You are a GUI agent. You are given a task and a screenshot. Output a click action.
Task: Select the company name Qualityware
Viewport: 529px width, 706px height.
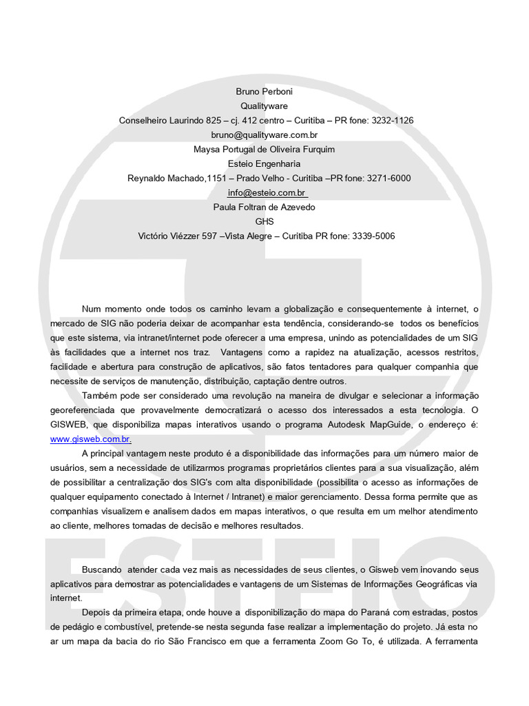[264, 105]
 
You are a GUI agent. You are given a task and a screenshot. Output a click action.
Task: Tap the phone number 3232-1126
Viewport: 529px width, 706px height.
[392, 120]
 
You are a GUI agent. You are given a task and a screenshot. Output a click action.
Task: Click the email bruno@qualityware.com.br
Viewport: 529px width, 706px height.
[264, 134]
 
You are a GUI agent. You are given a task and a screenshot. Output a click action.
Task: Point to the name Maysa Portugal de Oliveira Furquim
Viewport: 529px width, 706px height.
[264, 149]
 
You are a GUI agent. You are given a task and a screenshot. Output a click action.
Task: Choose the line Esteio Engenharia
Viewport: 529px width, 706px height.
[264, 163]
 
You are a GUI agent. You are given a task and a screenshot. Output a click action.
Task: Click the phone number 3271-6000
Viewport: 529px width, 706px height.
[389, 178]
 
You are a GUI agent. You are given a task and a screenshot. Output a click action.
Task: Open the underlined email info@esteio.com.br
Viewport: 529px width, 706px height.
[266, 192]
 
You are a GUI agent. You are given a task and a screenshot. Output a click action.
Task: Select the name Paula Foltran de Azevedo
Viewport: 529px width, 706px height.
[264, 207]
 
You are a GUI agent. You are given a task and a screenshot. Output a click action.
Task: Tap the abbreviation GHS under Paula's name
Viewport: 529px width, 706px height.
[264, 221]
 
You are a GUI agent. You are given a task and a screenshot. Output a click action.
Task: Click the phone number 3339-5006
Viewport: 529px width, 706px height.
[373, 236]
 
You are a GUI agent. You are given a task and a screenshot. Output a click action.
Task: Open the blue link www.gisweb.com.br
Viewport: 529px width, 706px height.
[90, 438]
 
